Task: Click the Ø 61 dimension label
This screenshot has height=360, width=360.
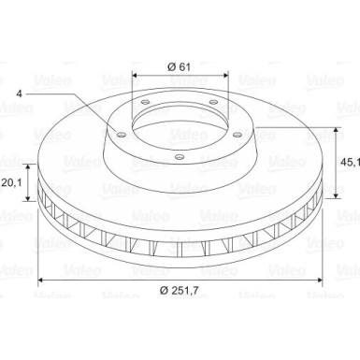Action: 179,66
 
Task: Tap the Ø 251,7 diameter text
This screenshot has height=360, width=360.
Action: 180,291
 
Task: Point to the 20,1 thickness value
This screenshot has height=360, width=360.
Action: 11,182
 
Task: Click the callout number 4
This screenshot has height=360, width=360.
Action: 20,94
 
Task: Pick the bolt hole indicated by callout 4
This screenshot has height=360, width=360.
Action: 122,135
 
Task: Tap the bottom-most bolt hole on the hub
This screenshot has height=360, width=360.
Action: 179,157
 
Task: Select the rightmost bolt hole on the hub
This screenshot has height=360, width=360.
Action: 238,135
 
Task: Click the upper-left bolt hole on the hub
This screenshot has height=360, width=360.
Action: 146,102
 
